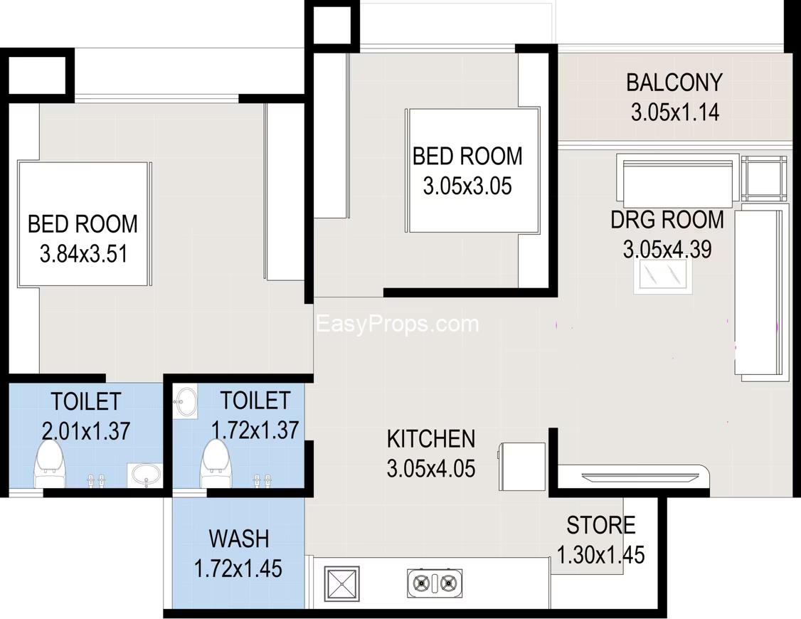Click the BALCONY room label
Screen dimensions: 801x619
point(674,83)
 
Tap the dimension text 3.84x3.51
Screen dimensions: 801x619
point(84,254)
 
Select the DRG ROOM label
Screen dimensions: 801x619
point(667,220)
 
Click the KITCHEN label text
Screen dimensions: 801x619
point(431,439)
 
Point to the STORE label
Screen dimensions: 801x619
point(600,525)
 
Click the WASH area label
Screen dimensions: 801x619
point(238,539)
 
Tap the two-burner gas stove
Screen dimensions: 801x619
point(435,583)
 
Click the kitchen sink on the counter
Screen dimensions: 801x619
point(341,583)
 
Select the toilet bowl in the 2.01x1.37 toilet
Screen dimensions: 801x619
point(50,464)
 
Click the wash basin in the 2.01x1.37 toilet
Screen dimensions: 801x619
point(144,475)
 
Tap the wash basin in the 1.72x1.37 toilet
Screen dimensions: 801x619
point(185,403)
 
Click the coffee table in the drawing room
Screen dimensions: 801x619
point(662,276)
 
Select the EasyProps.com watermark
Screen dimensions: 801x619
point(398,324)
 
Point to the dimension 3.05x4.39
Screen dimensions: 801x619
point(667,249)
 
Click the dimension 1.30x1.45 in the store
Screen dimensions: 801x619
point(600,555)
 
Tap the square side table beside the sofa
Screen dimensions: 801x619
point(763,179)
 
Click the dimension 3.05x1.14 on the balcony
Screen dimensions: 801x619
point(675,112)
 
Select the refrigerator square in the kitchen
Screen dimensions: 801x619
point(521,466)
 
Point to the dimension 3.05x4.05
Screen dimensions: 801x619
point(431,468)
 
